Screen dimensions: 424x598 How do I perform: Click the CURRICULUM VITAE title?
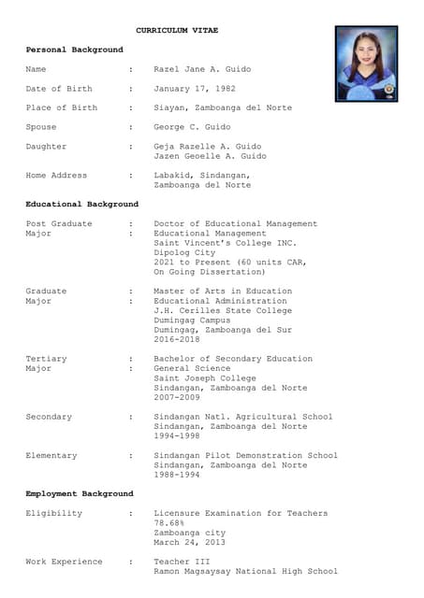(177, 31)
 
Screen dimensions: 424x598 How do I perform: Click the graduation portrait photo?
(366, 64)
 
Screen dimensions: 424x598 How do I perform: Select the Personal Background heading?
(74, 50)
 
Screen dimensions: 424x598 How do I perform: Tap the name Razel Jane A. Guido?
(202, 69)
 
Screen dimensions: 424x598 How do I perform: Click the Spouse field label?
(41, 127)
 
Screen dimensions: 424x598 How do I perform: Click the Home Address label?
(56, 176)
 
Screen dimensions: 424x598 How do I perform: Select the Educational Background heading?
(81, 204)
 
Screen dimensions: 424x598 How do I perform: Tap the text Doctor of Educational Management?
(235, 223)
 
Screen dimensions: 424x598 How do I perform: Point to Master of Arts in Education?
(223, 292)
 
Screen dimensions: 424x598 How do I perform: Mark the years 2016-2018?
(176, 339)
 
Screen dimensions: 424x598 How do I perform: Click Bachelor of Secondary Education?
(233, 359)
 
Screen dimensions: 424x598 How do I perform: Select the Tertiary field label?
(46, 359)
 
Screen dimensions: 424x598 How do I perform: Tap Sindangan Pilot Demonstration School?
(245, 455)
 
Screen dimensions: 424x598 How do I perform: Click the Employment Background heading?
(80, 493)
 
